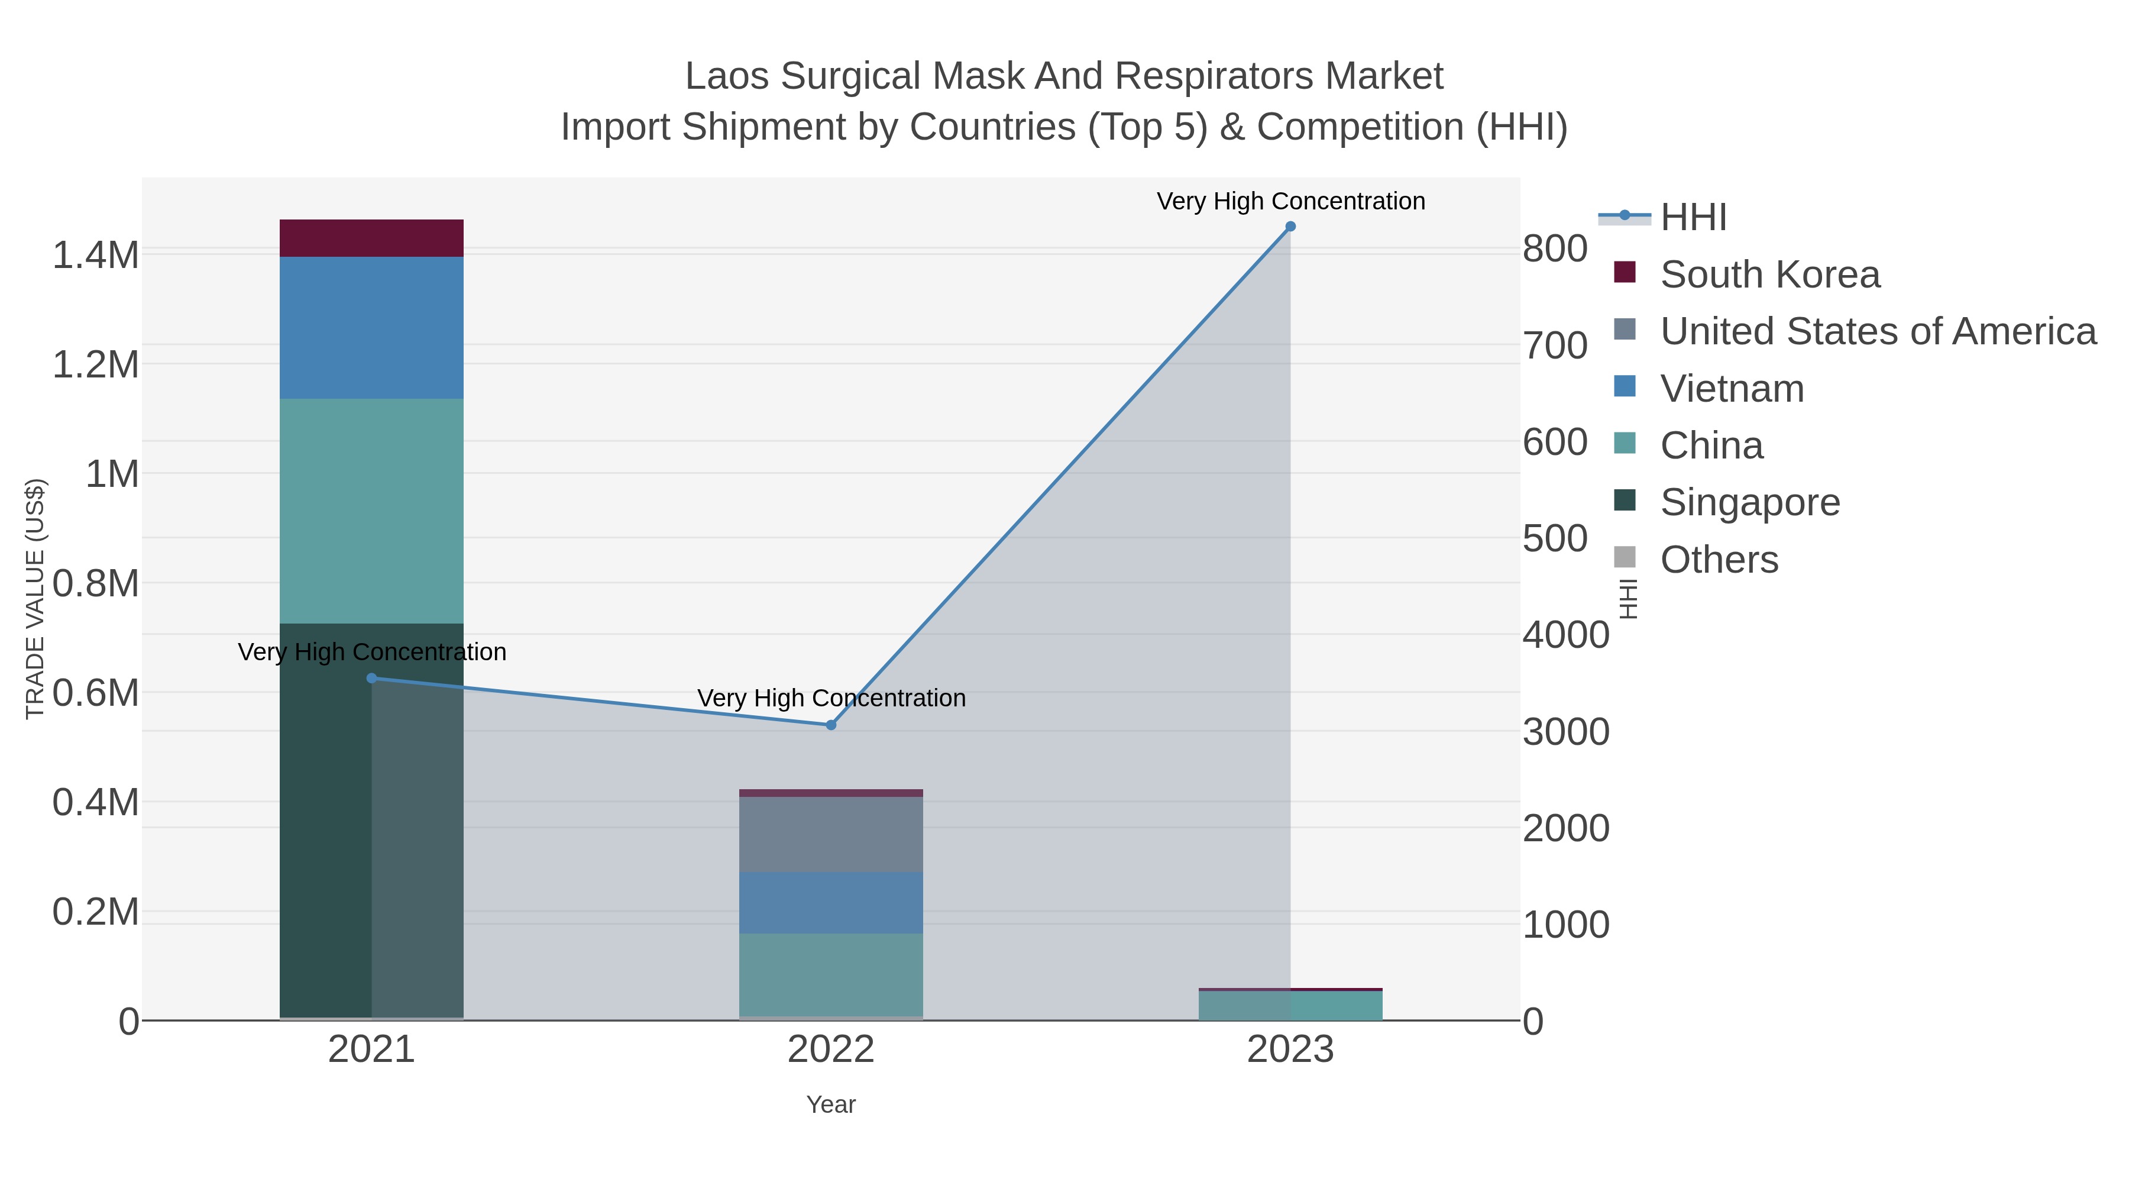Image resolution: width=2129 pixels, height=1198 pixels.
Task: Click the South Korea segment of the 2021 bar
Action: pos(371,238)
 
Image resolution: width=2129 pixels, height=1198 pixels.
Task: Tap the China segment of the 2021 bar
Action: pos(371,511)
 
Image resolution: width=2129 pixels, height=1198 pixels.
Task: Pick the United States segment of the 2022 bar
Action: pos(831,834)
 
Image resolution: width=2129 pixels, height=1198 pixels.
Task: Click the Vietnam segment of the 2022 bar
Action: pos(831,903)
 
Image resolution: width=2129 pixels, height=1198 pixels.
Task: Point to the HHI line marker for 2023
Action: pos(1290,227)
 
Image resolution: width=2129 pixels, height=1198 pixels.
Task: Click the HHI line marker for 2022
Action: pos(831,725)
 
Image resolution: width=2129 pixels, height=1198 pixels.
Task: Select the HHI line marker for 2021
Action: pos(371,679)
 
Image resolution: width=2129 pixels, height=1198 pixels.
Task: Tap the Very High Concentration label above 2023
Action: pos(1290,201)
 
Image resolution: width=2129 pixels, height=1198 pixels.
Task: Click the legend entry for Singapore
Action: pos(1750,503)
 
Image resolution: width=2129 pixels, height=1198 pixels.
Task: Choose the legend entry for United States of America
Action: pos(1878,331)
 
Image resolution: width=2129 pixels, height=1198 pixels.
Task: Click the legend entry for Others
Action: pos(1719,560)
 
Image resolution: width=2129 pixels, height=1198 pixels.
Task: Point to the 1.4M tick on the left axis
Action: pos(96,254)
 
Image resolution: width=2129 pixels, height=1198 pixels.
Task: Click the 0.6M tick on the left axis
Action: pos(96,693)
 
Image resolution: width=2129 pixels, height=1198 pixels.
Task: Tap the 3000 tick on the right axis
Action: pos(1565,732)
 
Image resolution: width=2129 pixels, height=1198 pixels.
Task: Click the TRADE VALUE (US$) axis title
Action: pos(35,599)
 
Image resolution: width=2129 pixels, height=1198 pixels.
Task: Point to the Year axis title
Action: pos(831,1105)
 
